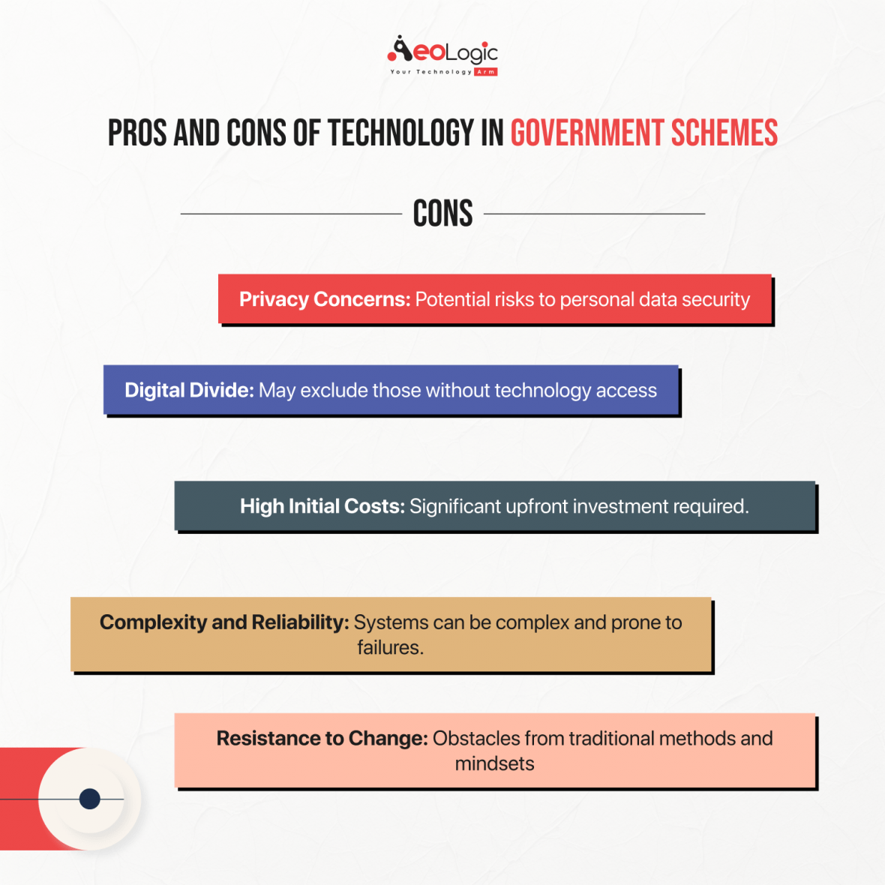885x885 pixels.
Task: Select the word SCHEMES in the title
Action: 724,133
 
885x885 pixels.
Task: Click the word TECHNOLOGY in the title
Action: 400,133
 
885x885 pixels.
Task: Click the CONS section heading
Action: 442,214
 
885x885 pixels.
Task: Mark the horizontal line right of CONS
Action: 594,214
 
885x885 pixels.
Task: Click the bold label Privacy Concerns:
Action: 325,299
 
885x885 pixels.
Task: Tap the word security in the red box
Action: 715,300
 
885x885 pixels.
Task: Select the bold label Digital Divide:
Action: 189,390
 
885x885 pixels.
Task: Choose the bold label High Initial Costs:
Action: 322,506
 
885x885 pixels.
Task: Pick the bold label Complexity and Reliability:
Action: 224,622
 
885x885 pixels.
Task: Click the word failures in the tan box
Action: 389,647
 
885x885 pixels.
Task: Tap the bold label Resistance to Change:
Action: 322,739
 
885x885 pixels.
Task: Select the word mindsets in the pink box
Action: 494,763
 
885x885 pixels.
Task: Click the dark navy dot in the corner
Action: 90,799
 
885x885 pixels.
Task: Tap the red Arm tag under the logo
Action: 486,72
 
